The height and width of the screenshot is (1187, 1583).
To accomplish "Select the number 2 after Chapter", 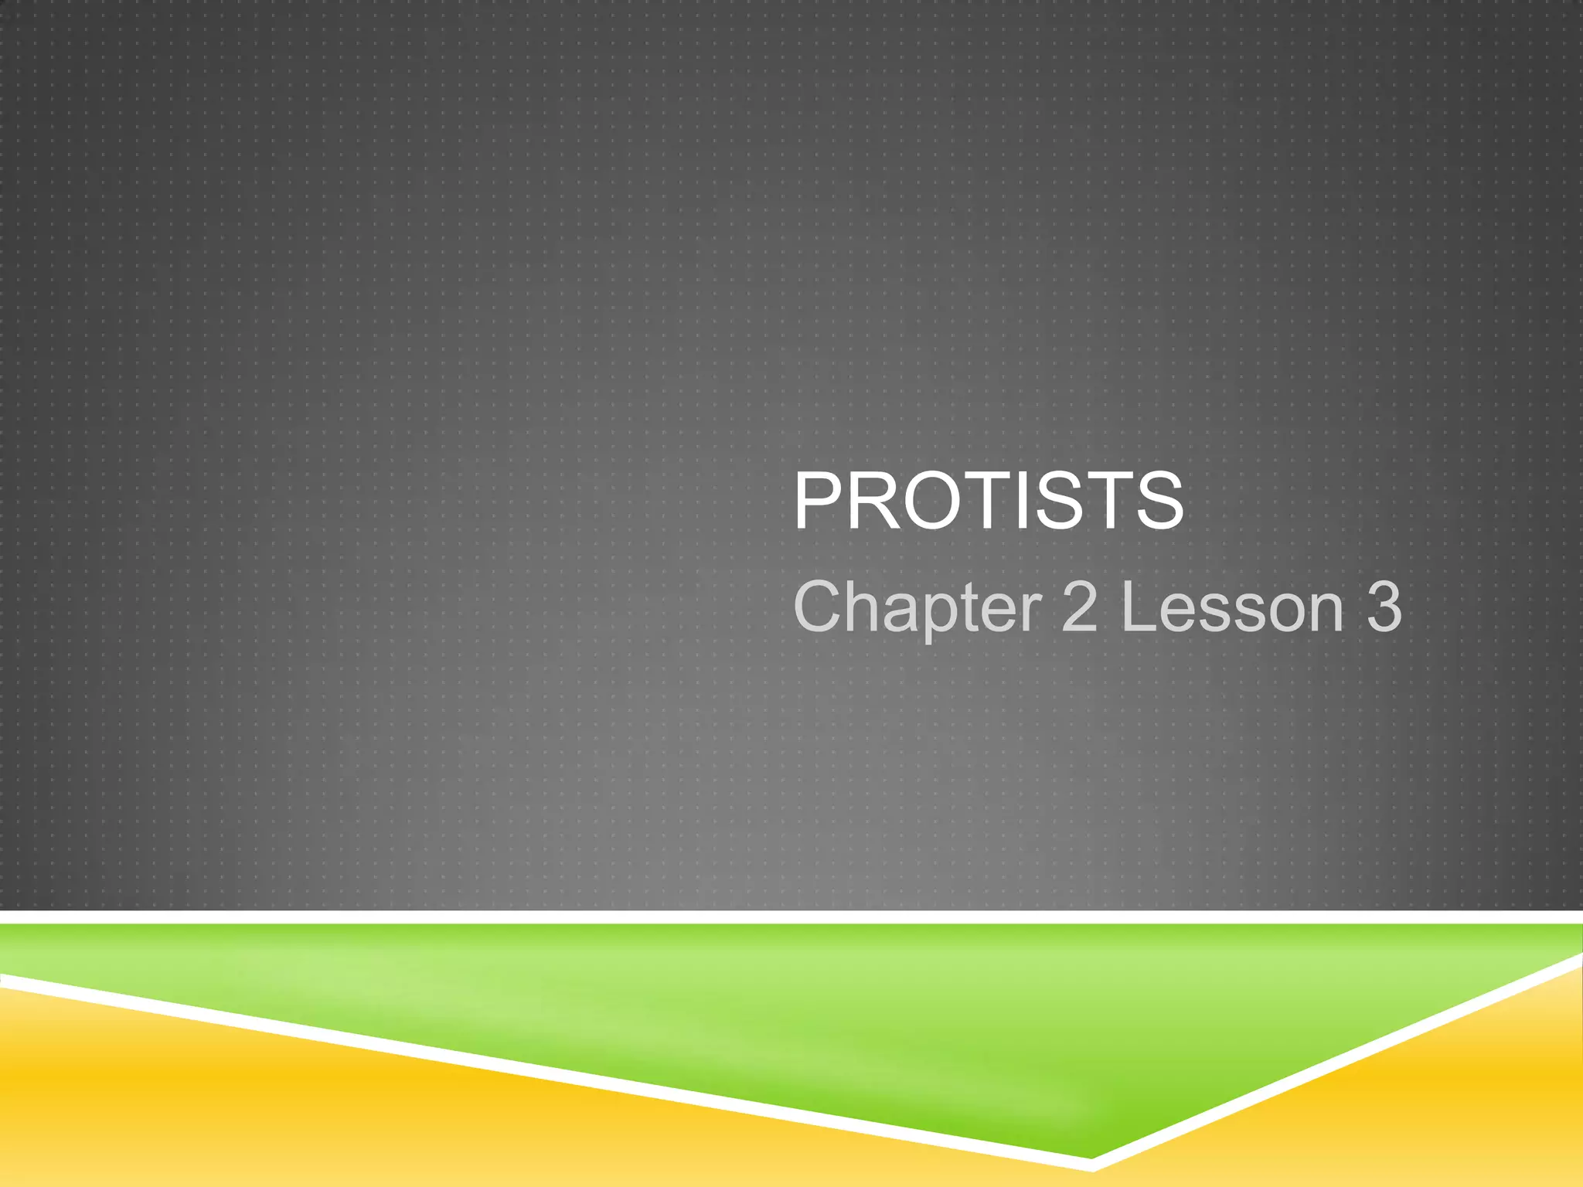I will (x=1079, y=607).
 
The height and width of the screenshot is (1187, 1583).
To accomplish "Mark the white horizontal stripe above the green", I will (x=791, y=917).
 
